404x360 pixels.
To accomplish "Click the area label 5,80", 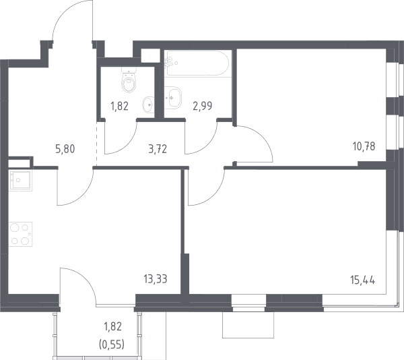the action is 65,149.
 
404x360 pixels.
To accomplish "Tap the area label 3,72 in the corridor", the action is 158,149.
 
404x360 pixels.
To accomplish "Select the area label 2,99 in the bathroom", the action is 203,106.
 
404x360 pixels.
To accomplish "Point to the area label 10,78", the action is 364,146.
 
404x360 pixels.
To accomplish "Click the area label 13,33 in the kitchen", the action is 156,279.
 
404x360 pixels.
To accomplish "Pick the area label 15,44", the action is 363,280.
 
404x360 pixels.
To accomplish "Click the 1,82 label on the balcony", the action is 112,326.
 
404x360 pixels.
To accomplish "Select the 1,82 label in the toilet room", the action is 120,106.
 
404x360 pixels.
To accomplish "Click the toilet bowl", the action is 129,80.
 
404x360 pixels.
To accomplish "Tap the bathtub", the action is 197,63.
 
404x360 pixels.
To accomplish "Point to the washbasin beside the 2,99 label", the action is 173,97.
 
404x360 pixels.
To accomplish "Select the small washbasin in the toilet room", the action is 148,105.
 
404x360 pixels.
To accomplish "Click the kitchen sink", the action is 20,181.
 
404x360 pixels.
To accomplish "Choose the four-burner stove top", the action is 20,234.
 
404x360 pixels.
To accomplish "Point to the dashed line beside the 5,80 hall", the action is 96,144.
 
